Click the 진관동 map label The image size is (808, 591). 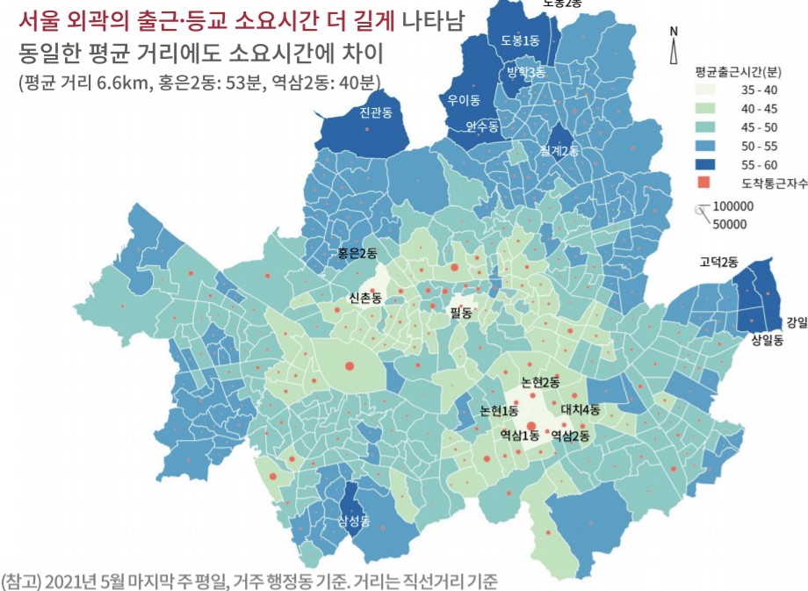tap(375, 112)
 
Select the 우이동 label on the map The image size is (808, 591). tap(464, 99)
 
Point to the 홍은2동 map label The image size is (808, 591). tap(357, 253)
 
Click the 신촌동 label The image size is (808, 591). tap(364, 298)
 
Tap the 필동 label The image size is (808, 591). tap(461, 312)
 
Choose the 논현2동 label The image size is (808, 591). tap(540, 382)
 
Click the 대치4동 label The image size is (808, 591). tap(581, 409)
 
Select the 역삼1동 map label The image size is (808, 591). tap(520, 435)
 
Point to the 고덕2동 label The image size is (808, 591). tap(718, 262)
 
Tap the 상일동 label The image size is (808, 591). tap(767, 342)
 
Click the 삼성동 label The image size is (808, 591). tap(355, 522)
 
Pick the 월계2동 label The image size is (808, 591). tap(560, 151)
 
